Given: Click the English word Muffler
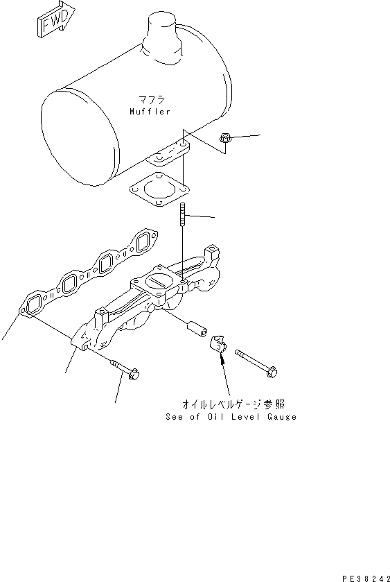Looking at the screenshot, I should point(149,111).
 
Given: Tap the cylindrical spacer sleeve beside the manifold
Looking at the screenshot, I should point(197,328).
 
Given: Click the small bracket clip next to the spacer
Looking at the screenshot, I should point(220,344).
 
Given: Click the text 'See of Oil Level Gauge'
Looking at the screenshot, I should point(231,417).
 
